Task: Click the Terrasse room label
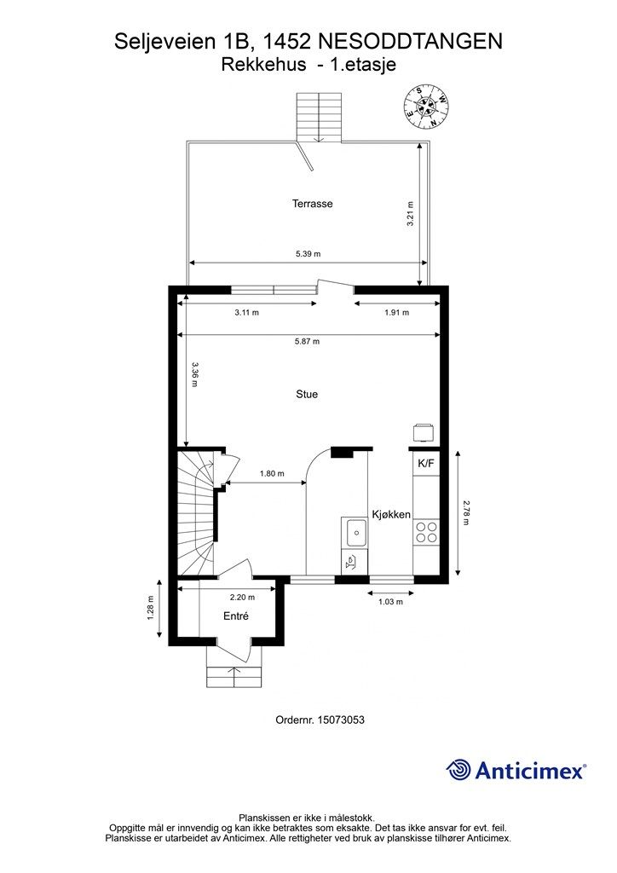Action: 312,204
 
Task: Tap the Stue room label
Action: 307,394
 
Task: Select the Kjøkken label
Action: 391,514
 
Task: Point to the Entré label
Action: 236,616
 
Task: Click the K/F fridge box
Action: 426,463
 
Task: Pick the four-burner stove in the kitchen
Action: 426,532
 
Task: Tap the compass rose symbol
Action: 426,107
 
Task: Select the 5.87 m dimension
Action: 307,341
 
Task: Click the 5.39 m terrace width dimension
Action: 308,254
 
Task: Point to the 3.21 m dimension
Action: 410,213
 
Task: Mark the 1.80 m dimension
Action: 272,474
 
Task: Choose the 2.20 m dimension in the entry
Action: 243,598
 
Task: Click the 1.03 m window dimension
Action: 390,602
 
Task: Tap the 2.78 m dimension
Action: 466,512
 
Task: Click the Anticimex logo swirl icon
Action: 458,770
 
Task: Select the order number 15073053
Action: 341,720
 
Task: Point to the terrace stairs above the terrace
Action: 318,118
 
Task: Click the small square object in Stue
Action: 423,432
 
